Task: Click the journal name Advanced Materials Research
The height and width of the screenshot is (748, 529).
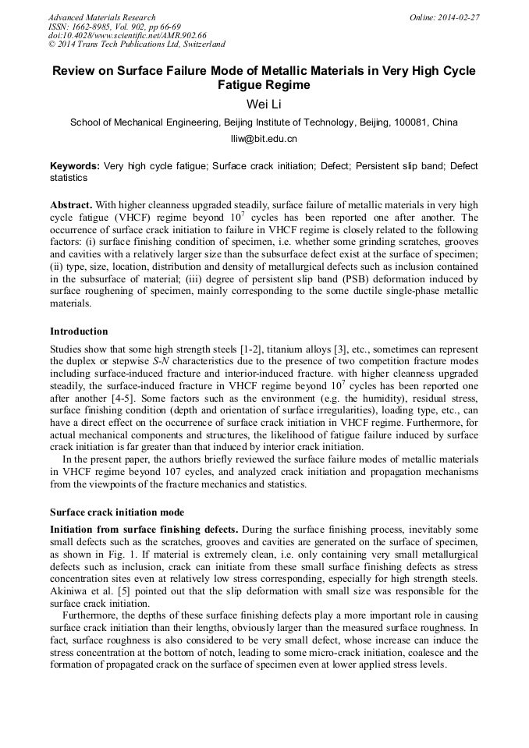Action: pos(101,17)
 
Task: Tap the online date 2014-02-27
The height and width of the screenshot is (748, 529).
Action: pos(458,17)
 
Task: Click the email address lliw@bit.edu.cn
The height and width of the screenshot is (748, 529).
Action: pos(264,140)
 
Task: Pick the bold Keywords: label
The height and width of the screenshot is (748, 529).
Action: pos(75,166)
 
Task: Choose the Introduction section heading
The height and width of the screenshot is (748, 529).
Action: pos(79,331)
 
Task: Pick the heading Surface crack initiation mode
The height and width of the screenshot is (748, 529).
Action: pos(117,512)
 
